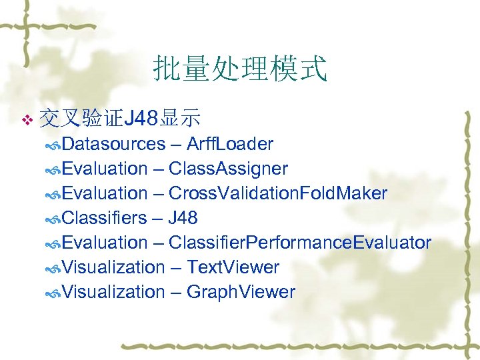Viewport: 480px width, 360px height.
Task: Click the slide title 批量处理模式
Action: click(240, 69)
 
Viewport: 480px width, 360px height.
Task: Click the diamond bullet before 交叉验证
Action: click(27, 120)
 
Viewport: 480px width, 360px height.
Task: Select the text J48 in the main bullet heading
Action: click(141, 119)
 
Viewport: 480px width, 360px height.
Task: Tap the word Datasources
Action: click(115, 144)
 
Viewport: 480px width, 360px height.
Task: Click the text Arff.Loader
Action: click(230, 144)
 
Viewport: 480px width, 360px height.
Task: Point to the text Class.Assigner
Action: click(228, 169)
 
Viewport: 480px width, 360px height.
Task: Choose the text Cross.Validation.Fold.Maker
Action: click(277, 193)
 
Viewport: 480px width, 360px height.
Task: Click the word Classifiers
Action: click(105, 218)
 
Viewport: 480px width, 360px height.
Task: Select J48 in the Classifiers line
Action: click(183, 218)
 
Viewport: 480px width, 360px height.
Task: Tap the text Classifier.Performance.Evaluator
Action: click(299, 243)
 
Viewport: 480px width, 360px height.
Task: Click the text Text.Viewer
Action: click(233, 267)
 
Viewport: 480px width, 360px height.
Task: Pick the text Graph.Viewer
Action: click(241, 292)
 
